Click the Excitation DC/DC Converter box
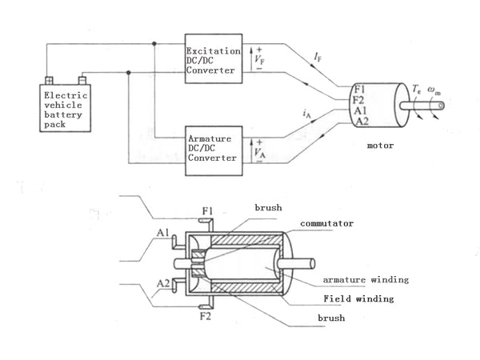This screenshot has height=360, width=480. [x=214, y=58]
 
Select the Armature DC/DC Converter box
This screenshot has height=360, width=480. [x=214, y=150]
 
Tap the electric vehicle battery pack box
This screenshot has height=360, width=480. [x=66, y=108]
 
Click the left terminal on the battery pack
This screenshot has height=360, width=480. [x=49, y=81]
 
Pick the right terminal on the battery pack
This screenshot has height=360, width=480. [x=82, y=81]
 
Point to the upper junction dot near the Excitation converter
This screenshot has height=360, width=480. [x=154, y=44]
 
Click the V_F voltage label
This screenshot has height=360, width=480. [x=259, y=58]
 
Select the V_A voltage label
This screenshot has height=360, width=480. [x=259, y=152]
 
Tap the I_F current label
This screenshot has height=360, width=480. [x=318, y=57]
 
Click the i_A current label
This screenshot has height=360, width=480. [x=306, y=114]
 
